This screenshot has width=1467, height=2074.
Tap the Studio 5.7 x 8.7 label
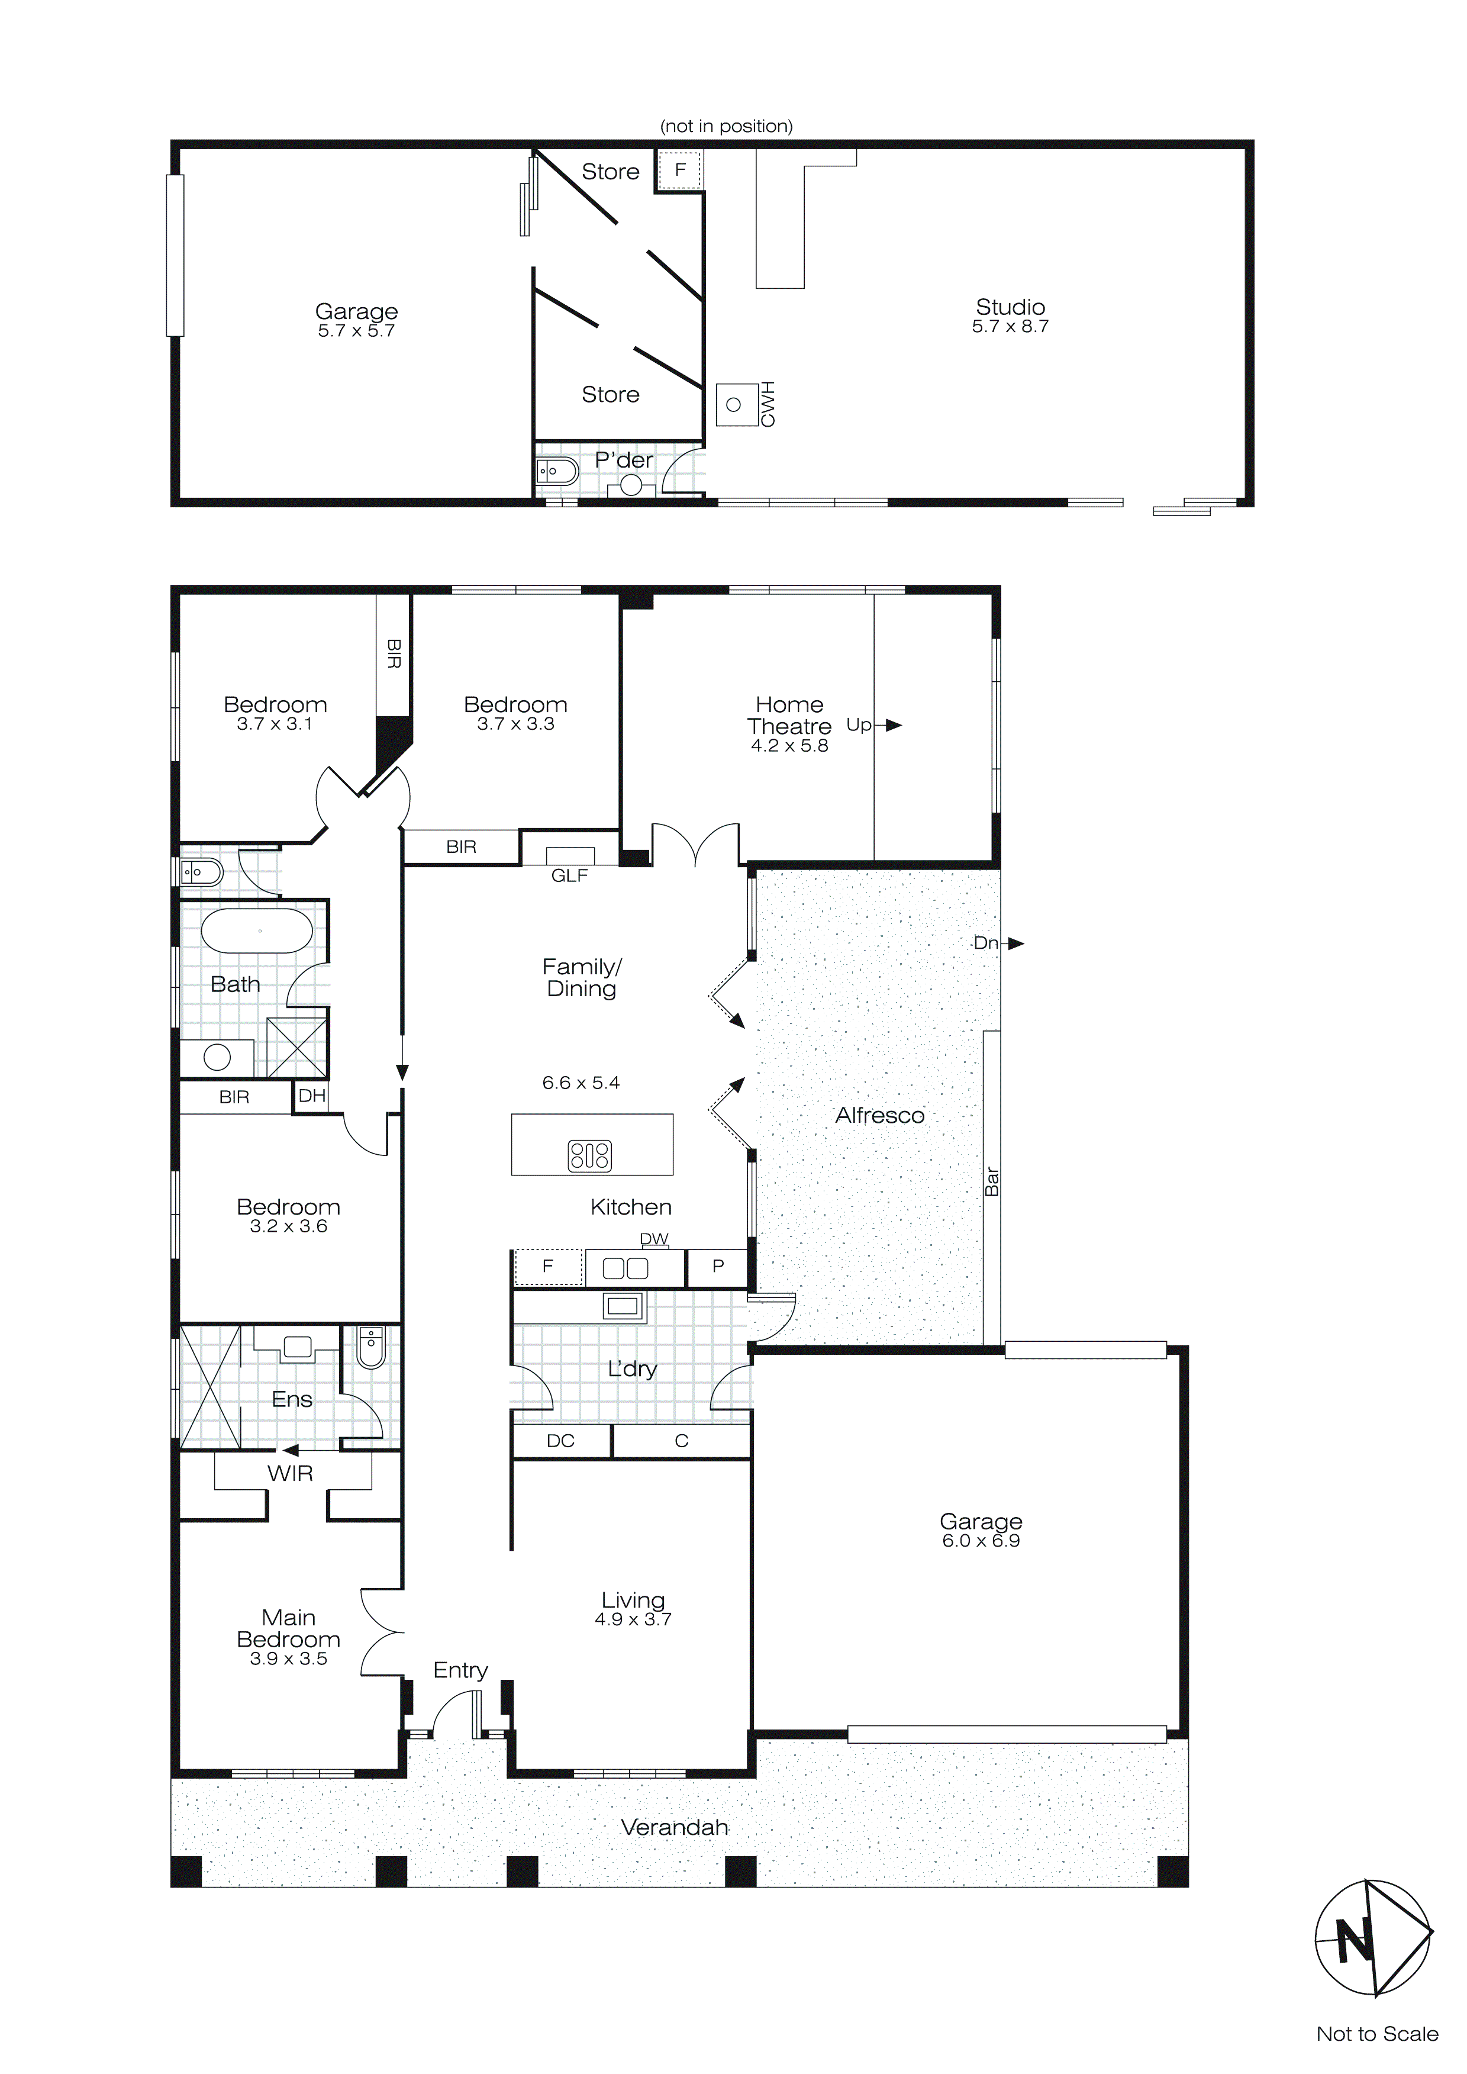coord(1010,316)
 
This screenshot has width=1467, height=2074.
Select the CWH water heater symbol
coord(736,405)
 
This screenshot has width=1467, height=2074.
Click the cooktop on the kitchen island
coord(590,1155)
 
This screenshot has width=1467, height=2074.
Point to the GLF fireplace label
coord(569,875)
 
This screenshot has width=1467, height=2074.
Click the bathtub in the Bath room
coord(257,930)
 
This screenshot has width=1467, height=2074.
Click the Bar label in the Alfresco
coord(992,1181)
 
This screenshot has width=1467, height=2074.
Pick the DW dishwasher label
coord(654,1238)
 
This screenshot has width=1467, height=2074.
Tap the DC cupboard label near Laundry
coord(560,1441)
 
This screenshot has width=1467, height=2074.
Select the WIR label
coord(290,1473)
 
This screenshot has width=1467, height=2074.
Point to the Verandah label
coord(675,1828)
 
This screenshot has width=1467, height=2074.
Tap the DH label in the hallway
coord(312,1097)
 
